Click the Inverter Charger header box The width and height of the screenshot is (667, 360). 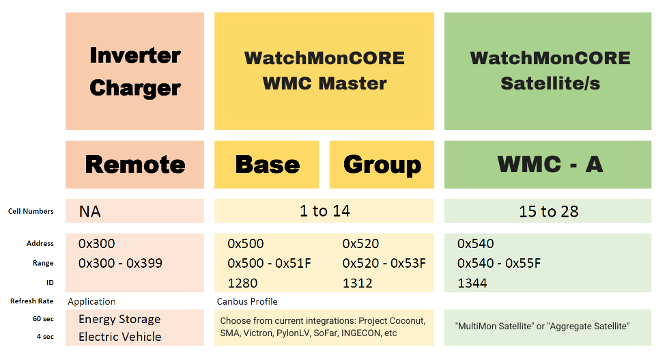134,71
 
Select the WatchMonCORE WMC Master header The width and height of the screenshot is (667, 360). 324,71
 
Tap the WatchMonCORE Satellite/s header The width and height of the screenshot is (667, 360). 548,71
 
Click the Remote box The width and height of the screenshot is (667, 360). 134,165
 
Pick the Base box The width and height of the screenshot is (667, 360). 267,165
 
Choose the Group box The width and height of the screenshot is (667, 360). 382,165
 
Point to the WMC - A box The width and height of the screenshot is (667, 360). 548,165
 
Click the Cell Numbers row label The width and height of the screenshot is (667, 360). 31,212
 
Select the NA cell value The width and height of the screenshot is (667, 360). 89,212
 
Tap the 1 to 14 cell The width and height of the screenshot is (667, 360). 324,210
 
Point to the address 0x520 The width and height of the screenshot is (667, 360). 360,244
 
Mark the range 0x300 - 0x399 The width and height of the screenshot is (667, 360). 120,264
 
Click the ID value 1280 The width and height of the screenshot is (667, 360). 242,283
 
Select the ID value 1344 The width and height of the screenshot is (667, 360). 472,283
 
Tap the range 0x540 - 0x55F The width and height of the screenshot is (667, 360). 499,264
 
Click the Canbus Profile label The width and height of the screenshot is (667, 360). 247,302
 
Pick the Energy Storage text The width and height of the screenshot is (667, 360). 119,319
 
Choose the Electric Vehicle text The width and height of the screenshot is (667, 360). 120,337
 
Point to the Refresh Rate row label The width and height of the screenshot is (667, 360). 32,301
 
